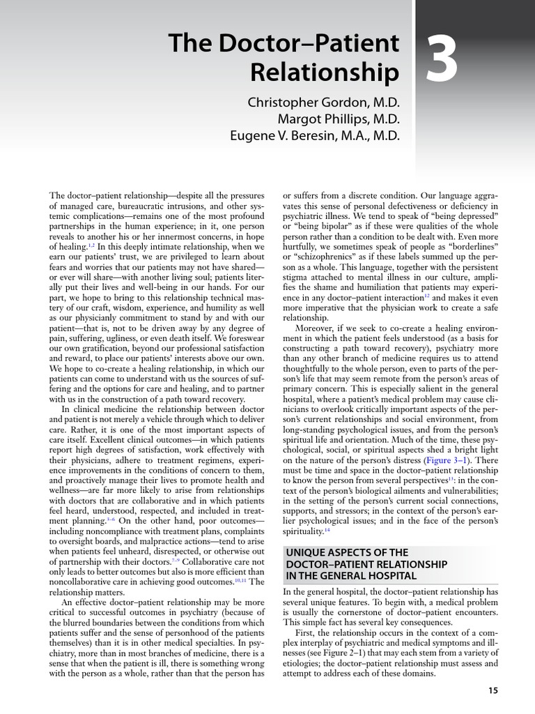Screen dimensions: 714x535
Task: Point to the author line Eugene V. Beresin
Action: tap(316, 135)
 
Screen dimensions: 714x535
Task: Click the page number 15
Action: tap(493, 690)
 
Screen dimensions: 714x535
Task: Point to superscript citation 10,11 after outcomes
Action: tap(240, 578)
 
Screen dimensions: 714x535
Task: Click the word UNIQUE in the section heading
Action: tap(307, 552)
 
